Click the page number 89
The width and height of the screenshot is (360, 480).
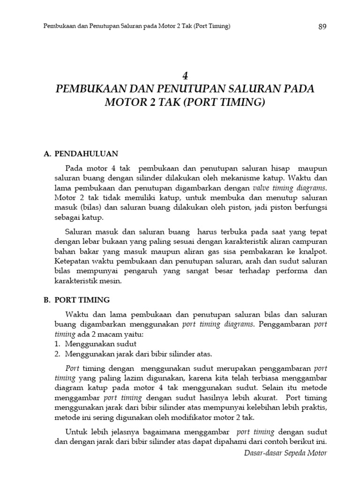(x=322, y=27)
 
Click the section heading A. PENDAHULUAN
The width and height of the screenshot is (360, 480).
(x=81, y=153)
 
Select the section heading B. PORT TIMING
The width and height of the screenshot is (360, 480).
(x=76, y=299)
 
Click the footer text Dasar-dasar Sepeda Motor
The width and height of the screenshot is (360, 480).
(x=285, y=453)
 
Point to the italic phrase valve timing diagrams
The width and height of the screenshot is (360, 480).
(x=294, y=187)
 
